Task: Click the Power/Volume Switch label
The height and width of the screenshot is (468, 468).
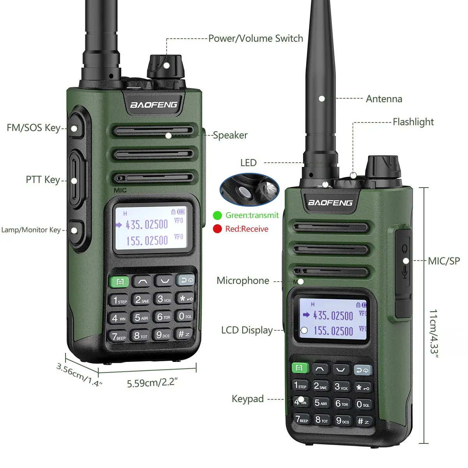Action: [255, 39]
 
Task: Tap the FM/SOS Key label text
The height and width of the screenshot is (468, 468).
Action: [34, 128]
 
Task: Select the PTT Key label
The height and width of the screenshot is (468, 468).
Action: [43, 180]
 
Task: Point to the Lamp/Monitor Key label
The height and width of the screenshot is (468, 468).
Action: [31, 230]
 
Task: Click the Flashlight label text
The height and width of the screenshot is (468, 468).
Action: [413, 122]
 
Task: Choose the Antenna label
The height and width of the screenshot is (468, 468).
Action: [384, 99]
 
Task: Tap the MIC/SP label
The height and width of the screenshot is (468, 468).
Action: [444, 261]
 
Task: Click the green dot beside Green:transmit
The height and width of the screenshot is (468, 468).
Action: [217, 215]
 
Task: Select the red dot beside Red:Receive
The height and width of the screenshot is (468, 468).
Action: [217, 229]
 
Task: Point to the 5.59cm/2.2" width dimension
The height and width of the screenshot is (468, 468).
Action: [152, 383]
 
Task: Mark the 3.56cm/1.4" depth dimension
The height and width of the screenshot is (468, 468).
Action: [79, 375]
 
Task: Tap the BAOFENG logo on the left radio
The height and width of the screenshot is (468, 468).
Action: [154, 105]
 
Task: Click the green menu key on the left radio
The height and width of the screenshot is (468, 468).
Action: [119, 282]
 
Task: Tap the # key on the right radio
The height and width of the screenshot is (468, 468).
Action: [363, 421]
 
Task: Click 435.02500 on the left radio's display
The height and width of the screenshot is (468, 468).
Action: [147, 225]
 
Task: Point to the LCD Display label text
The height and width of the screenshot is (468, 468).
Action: [247, 330]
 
